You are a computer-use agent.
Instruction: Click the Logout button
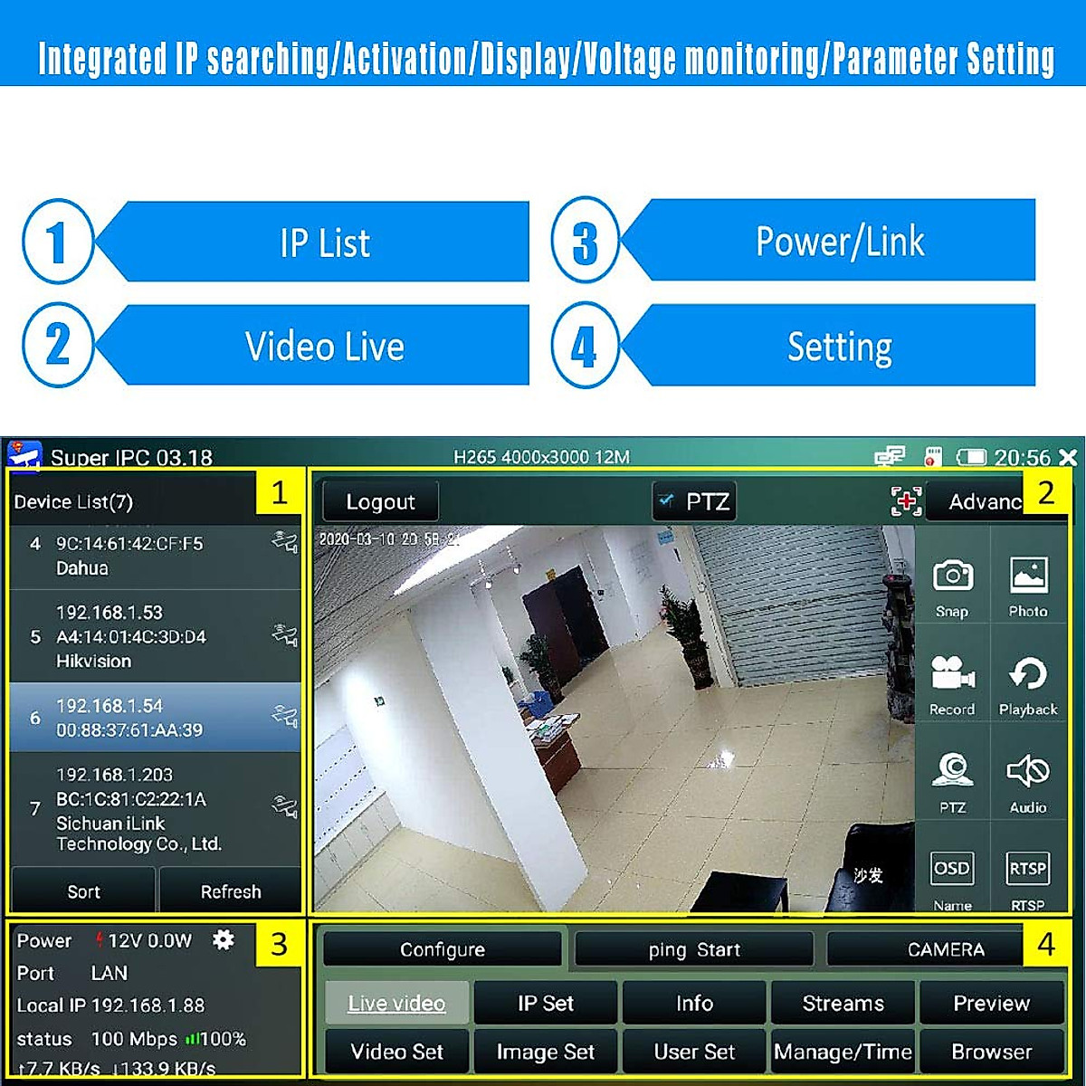[380, 501]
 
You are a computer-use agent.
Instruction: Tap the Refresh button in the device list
[230, 891]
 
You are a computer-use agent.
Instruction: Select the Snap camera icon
[952, 576]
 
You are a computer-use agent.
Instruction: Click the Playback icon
[1028, 674]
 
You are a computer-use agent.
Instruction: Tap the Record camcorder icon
[952, 674]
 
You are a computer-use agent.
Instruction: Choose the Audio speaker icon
[1028, 772]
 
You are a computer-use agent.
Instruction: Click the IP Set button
[546, 1003]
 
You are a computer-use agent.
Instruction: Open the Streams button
[843, 1003]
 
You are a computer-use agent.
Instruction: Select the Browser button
[991, 1052]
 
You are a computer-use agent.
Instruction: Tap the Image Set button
[546, 1052]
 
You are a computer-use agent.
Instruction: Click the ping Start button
[694, 949]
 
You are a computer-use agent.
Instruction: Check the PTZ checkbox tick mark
[667, 500]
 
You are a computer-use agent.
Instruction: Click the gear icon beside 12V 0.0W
[223, 940]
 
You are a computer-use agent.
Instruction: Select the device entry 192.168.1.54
[154, 718]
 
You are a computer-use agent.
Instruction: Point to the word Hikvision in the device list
[93, 662]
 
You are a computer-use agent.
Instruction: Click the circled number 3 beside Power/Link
[586, 242]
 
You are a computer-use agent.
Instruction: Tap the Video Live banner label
[324, 347]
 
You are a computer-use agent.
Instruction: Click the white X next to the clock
[1068, 458]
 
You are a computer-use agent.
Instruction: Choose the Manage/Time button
[843, 1052]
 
